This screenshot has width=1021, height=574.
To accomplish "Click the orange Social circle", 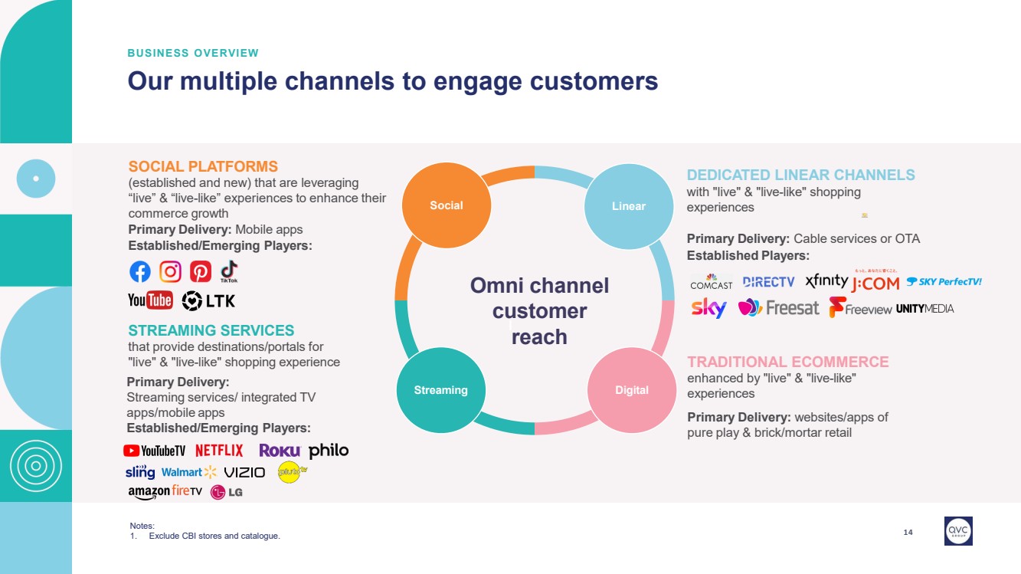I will pos(447,205).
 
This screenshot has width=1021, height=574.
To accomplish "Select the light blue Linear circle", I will pos(628,205).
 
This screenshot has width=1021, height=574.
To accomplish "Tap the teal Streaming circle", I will pos(440,389).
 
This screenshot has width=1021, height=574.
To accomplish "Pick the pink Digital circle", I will pos(632,389).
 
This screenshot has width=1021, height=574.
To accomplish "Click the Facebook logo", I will pos(140,271).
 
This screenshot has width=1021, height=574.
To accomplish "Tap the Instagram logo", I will pos(170,271).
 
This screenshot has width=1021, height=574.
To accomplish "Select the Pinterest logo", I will pos(201,271).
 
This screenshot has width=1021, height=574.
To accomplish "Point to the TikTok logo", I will pos(229,271).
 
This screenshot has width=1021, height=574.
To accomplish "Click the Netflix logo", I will pos(219,451).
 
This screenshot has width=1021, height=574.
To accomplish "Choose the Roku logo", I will pos(280,451).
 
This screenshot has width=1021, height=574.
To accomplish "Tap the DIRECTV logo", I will pos(769,282).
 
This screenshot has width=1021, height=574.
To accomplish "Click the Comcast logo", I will pos(711,281).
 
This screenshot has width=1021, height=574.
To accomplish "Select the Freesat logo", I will pos(778,308).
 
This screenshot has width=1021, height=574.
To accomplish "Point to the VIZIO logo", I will pos(244,472).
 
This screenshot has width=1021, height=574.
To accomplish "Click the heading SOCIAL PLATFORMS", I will pos(203,166).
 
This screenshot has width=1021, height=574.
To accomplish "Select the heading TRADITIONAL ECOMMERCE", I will pos(787,362).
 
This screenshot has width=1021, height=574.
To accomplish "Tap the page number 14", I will pos(908,532).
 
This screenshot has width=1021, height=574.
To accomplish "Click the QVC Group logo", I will pos(958,530).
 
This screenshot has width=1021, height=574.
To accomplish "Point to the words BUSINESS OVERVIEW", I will pos(193,53).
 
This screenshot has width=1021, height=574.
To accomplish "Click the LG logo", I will pos(227,492).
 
